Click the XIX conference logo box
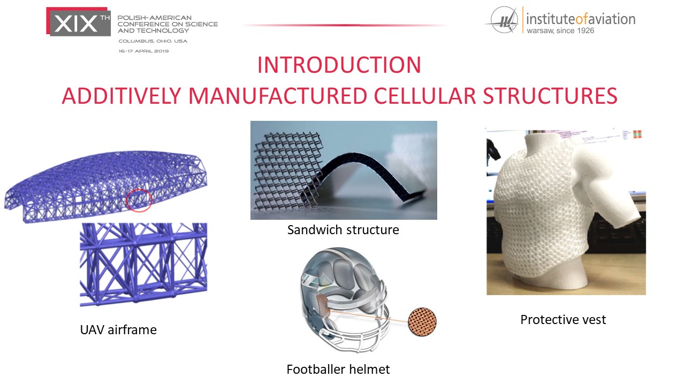pos(78,22)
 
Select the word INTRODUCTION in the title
pos(339,65)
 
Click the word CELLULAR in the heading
pos(425,96)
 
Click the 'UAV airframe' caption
pos(118,330)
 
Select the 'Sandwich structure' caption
pos(343,230)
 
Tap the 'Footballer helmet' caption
pos(338,369)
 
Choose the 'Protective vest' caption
pos(563,320)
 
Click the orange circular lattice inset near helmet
pos(422,322)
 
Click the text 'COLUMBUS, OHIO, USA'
pos(153,41)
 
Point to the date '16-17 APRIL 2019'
pos(144,51)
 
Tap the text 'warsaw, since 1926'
pos(560,30)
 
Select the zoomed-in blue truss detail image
pos(143,265)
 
